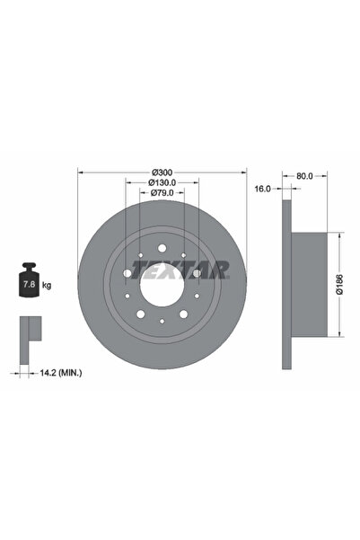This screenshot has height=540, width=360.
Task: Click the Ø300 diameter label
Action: (x=162, y=172)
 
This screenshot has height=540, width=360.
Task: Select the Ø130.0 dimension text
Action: (x=162, y=182)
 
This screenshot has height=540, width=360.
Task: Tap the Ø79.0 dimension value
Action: (x=162, y=192)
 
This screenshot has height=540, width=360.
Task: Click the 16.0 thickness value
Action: (x=262, y=190)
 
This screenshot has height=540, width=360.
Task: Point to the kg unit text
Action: (x=46, y=285)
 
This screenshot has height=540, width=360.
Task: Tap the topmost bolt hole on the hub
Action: (x=162, y=247)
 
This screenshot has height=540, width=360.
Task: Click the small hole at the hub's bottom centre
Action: (x=162, y=322)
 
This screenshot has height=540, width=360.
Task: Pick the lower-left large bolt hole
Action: (x=140, y=314)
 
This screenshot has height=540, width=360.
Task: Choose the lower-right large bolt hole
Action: (x=183, y=314)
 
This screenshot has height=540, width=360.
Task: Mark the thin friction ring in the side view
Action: (x=287, y=281)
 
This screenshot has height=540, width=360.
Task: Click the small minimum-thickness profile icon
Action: (x=29, y=333)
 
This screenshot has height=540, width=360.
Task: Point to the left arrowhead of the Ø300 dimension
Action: (x=81, y=172)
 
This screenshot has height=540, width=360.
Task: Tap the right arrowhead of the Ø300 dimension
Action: (x=243, y=172)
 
